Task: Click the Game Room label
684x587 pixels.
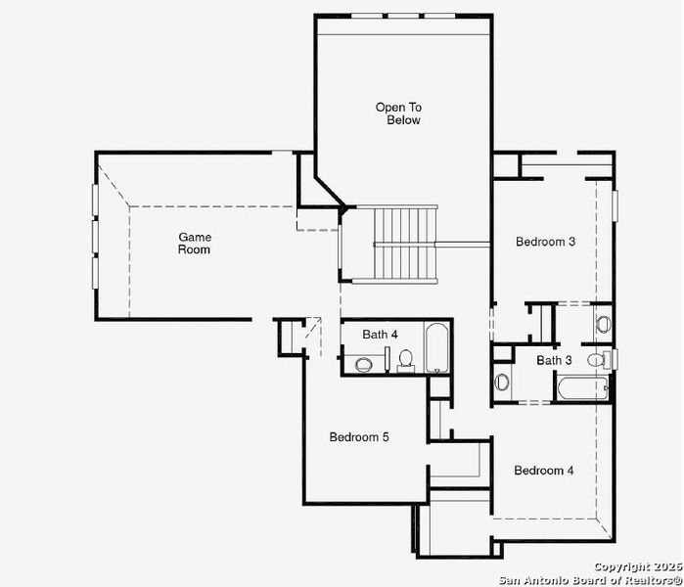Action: tap(194, 243)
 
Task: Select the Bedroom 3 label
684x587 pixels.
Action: tap(545, 242)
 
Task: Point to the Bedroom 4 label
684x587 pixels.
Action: tap(544, 471)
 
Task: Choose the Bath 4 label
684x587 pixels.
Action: tap(380, 335)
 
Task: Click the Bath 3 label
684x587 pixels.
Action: tap(554, 361)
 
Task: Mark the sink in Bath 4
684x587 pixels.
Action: tap(363, 364)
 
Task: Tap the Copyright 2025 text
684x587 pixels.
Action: tap(636, 566)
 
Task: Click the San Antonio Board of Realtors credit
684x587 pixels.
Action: tap(590, 579)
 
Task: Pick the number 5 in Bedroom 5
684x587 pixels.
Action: tap(386, 437)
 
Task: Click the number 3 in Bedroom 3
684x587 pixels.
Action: tap(571, 242)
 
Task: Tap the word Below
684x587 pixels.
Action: tap(402, 120)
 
